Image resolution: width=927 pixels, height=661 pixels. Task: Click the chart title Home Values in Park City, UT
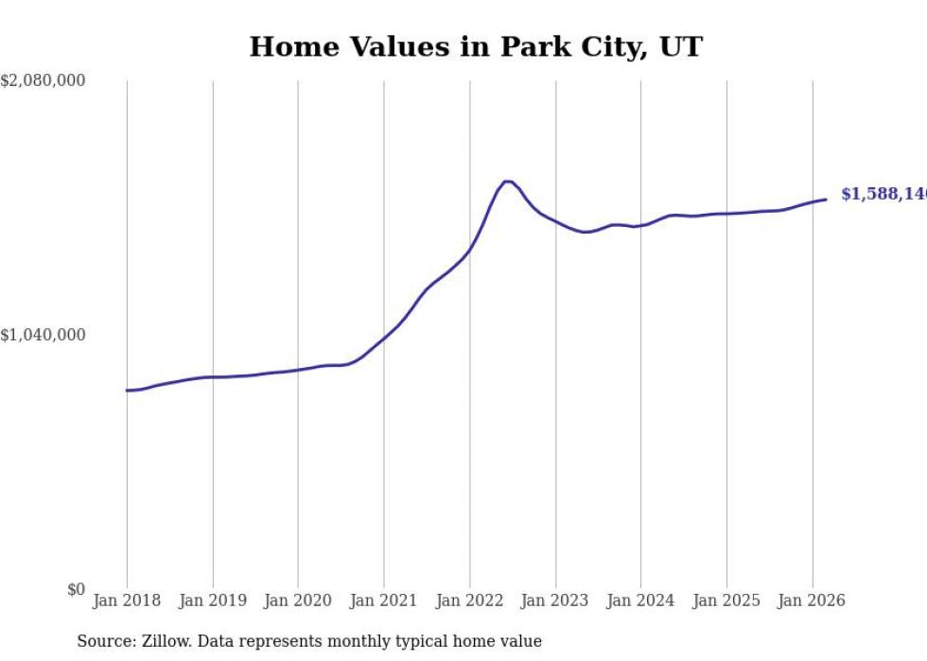tap(476, 46)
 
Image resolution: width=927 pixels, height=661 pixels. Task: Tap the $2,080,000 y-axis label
tap(43, 81)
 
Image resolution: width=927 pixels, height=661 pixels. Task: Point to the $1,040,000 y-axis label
tap(43, 335)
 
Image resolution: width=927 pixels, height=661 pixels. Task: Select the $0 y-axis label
tap(76, 589)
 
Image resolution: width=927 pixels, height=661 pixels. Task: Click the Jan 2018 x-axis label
tap(127, 600)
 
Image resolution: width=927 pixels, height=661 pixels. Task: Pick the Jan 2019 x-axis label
tap(213, 600)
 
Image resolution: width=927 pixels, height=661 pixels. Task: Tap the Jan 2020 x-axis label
tap(298, 600)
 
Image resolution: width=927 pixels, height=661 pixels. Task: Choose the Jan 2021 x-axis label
tap(384, 600)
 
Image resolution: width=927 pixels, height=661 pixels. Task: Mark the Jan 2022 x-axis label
tap(469, 600)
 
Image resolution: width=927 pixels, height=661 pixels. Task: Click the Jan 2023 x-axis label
tap(555, 600)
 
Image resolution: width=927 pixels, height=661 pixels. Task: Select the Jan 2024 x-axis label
tap(640, 600)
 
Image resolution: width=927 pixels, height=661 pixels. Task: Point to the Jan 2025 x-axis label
tap(726, 600)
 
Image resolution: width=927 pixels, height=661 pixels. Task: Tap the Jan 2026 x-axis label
tap(812, 600)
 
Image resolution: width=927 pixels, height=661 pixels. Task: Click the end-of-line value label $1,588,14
tap(883, 194)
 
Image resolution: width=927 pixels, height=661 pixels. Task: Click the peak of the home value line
tap(507, 181)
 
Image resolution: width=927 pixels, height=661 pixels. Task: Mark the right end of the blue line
tap(826, 199)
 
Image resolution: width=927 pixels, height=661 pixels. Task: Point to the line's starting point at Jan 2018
tap(128, 390)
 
